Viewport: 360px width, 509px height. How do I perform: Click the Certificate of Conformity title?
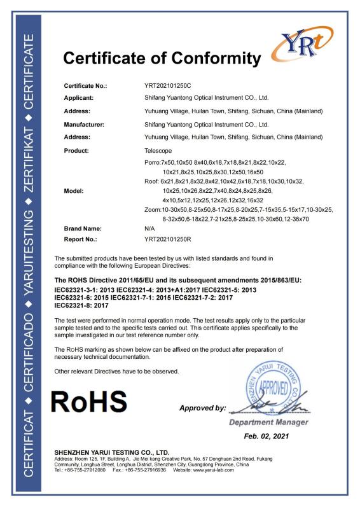(x=162, y=59)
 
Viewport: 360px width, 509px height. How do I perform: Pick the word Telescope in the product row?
(x=158, y=151)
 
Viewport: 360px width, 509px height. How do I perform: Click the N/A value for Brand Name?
(x=150, y=227)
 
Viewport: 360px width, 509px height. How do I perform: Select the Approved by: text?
(x=203, y=407)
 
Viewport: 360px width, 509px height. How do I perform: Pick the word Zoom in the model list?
(x=152, y=209)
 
